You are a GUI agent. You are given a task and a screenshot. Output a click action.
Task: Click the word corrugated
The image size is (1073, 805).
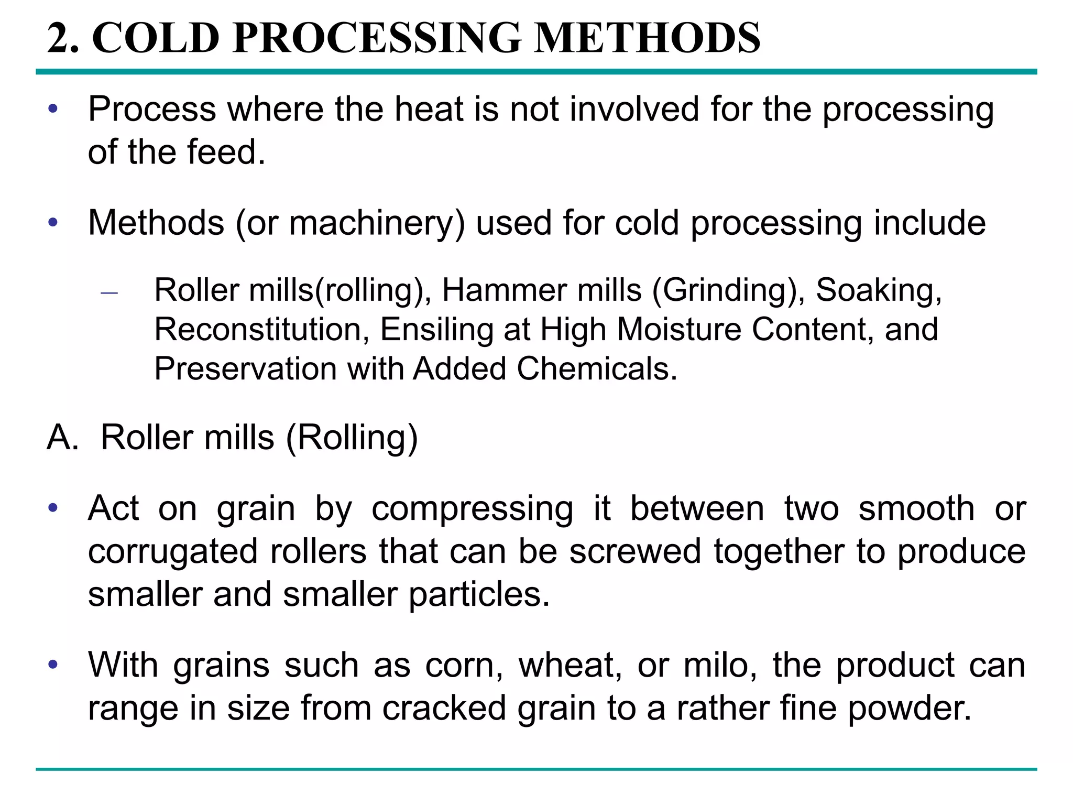[173, 551]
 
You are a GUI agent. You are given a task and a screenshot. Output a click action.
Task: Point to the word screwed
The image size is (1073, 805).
[635, 551]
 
